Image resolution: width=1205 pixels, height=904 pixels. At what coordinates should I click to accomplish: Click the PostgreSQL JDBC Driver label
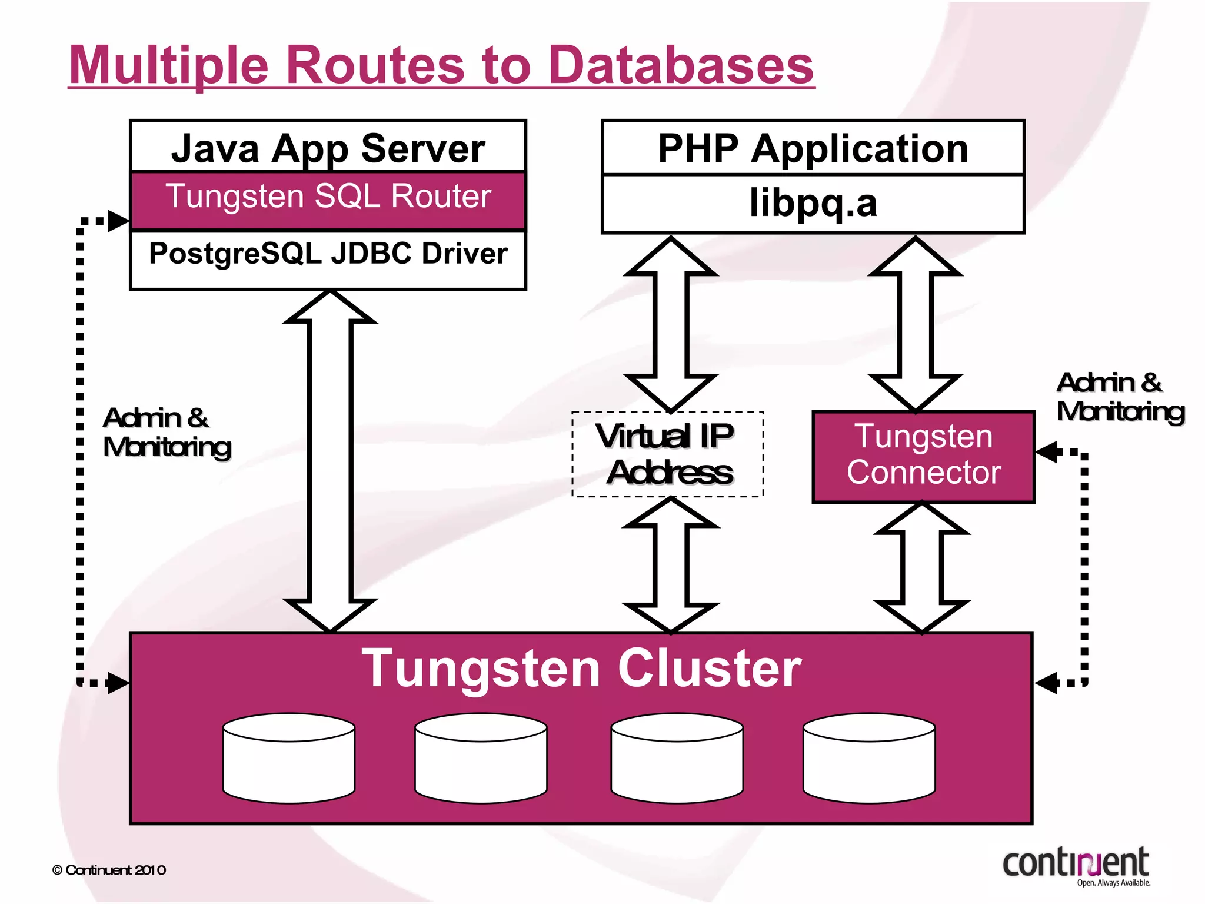click(328, 254)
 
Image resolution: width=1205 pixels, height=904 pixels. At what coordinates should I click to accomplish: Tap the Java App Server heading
click(328, 148)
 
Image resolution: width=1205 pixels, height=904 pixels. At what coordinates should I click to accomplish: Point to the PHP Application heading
click(813, 148)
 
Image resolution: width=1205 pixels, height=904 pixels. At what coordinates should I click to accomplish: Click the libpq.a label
click(813, 203)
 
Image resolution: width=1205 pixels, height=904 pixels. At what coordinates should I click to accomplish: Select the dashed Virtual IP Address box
click(667, 454)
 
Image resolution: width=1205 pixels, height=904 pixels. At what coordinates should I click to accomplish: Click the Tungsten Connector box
click(923, 456)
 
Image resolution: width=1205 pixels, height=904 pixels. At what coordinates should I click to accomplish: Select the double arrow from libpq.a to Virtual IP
click(671, 324)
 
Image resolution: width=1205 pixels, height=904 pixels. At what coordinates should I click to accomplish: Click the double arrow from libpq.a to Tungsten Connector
click(915, 324)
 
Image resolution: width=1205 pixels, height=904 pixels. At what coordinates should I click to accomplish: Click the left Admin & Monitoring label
click(167, 433)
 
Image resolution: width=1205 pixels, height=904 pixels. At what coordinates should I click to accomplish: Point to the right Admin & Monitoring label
click(1119, 397)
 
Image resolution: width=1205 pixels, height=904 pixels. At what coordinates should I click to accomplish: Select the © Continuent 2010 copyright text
click(109, 870)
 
